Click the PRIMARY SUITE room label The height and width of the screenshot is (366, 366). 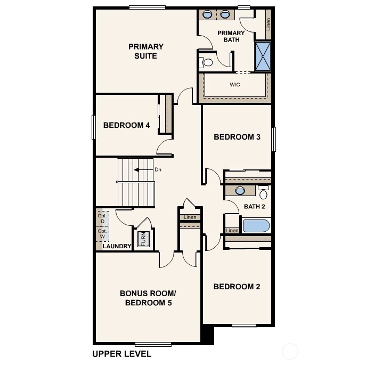point(145,51)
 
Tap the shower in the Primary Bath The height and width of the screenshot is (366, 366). point(262,56)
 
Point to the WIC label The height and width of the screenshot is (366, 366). point(235,85)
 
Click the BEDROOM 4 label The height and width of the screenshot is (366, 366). point(126,125)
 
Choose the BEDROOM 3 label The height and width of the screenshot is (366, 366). point(237,137)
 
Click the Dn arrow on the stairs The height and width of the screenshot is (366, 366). point(143,170)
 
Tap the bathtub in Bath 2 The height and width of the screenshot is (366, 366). point(256,225)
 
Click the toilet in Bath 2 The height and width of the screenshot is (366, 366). point(263,193)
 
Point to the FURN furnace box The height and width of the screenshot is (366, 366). point(143,239)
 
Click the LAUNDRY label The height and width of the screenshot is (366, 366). point(117,246)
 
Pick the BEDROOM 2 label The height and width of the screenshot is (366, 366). point(237,287)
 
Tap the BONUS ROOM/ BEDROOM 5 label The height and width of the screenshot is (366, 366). point(148,298)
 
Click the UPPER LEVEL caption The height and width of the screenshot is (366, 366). point(121,354)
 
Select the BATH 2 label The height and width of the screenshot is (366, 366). point(255,207)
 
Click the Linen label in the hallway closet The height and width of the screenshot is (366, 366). point(190,217)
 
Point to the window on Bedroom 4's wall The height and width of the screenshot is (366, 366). point(93,127)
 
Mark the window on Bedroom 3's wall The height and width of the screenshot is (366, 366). point(274,140)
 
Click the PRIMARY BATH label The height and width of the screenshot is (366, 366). point(231,36)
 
